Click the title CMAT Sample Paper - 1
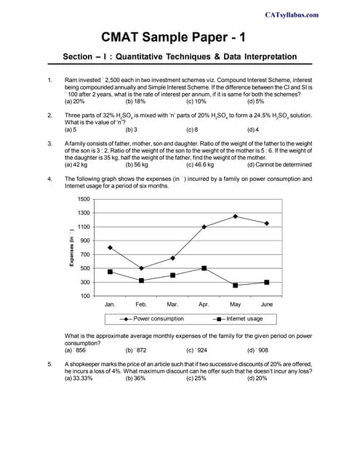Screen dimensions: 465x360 tap(179, 36)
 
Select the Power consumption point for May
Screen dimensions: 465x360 tap(235, 216)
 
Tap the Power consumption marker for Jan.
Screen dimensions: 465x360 tap(110, 247)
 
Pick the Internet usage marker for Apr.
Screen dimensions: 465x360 tap(204, 268)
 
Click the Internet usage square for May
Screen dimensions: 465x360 tap(235, 285)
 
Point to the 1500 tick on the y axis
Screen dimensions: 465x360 tap(83, 198)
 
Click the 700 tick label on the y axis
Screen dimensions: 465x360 tap(84, 254)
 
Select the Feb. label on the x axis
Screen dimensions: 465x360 tap(141, 304)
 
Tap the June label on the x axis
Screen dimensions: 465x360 tap(267, 304)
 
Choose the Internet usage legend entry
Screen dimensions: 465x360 tap(239, 318)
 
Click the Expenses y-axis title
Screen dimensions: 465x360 tap(71, 247)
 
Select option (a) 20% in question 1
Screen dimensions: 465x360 tap(75, 101)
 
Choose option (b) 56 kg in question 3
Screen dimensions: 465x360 tap(137, 164)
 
